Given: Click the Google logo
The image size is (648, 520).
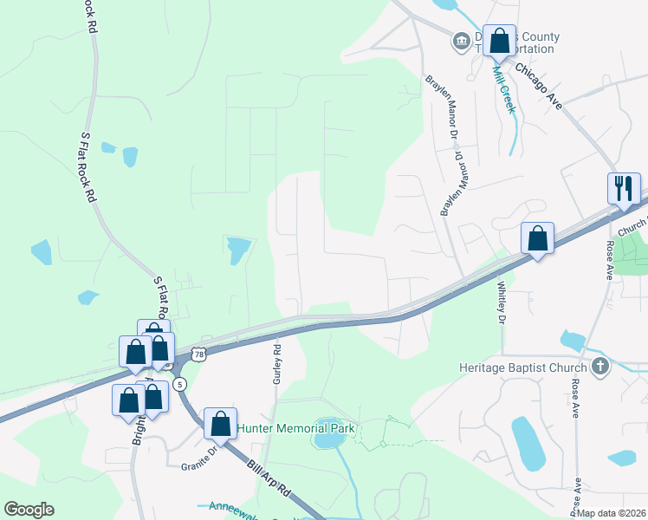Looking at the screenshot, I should tap(29, 510).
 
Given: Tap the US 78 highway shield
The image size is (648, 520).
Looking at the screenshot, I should tap(200, 354).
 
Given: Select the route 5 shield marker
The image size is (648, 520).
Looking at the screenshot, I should tap(179, 383).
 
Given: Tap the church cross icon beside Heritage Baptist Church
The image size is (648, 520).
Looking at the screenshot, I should tap(599, 367).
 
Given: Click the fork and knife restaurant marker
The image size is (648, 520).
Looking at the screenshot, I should tap(624, 188).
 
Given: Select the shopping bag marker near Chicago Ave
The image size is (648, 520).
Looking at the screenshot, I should tap(499, 41).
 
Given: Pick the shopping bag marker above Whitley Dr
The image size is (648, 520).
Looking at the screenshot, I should tap(537, 237).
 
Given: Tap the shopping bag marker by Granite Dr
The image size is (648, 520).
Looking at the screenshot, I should tap(220, 425).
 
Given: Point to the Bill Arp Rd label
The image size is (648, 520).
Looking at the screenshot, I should tap(268, 480).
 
